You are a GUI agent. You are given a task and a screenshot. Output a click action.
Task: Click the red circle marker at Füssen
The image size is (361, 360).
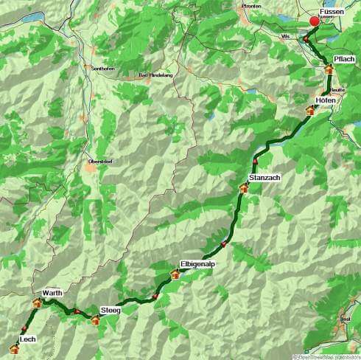[315, 21]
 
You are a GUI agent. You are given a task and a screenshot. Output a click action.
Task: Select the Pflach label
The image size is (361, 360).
[344, 58]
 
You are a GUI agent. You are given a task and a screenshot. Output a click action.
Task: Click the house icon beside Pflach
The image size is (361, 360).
[329, 69]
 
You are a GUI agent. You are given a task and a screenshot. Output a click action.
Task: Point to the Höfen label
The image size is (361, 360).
[326, 100]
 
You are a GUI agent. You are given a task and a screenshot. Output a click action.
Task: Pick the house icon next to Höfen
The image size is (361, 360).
[311, 111]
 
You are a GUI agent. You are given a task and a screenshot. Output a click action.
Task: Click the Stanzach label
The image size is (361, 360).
[264, 178]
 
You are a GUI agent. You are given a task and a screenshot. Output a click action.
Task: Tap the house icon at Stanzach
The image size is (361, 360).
[244, 188]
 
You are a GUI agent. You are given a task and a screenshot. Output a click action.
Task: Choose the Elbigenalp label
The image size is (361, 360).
[197, 264]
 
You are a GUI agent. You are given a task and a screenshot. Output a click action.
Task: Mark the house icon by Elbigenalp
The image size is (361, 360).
[175, 274]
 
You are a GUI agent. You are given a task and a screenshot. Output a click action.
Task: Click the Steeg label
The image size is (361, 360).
[110, 310]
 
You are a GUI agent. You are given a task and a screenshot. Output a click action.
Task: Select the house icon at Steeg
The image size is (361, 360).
[95, 320]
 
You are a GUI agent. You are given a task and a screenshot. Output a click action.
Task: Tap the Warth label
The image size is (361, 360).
[52, 294]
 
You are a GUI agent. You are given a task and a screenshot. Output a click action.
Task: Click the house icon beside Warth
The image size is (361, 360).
[37, 303]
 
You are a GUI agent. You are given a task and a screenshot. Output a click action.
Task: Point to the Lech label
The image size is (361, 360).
[28, 339]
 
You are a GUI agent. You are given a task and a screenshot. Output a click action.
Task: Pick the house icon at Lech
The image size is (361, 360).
[13, 347]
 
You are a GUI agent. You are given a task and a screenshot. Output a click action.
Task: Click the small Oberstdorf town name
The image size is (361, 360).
[99, 160]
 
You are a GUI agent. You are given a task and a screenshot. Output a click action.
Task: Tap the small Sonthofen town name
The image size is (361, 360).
[101, 68]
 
